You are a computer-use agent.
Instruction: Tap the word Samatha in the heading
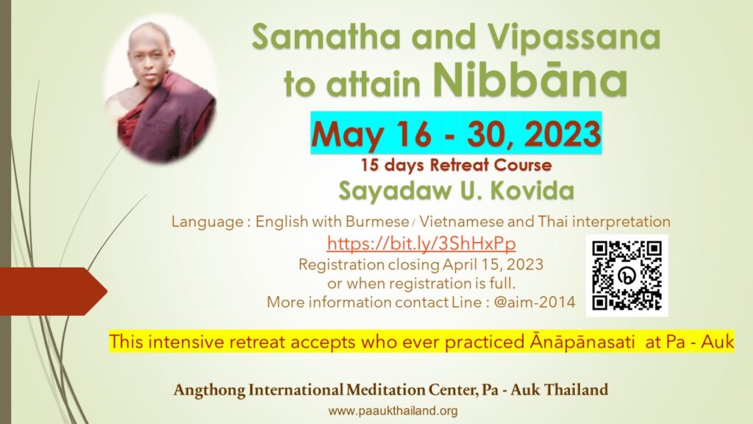coord(326,36)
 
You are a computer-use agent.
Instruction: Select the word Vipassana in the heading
coord(574,36)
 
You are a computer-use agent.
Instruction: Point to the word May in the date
coord(347,135)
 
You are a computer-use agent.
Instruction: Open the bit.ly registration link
coord(421,243)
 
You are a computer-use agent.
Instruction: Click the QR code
coord(627,275)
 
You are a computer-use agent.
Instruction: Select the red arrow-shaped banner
coord(53,291)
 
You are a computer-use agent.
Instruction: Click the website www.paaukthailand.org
coord(393,411)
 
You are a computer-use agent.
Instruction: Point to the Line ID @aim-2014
coord(534,302)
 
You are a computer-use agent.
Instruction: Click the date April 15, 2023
coord(493,265)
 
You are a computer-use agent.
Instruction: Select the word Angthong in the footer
coord(209,390)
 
